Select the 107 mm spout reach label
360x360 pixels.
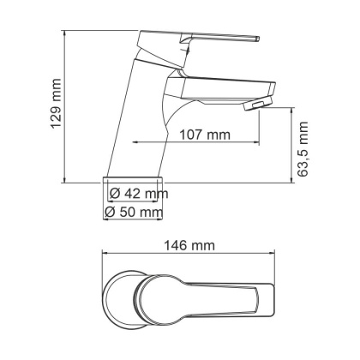(206, 135)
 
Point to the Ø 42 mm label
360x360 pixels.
(136, 194)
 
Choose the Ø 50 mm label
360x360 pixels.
(134, 212)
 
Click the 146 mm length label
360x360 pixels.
(189, 245)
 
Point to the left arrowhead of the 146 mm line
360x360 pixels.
(105, 254)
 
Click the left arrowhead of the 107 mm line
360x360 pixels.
(135, 143)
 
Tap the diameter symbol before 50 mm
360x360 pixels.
(110, 212)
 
